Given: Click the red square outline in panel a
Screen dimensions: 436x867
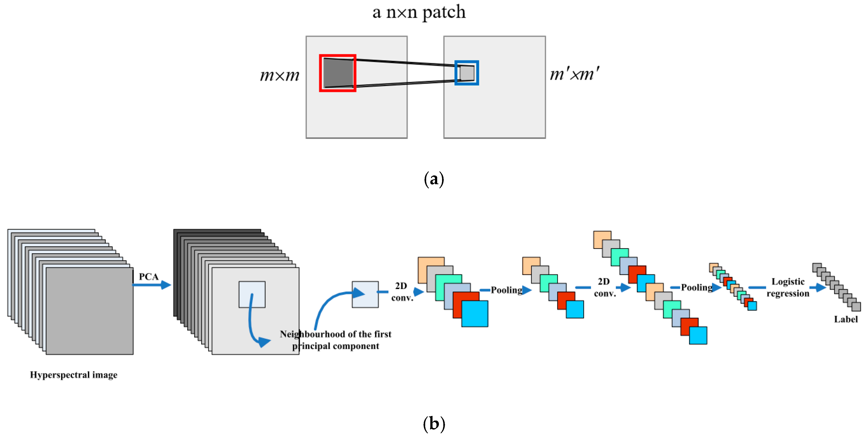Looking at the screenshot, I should (320, 73).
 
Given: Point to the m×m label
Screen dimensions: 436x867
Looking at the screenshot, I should (279, 75).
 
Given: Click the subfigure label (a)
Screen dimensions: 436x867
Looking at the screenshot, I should (433, 179).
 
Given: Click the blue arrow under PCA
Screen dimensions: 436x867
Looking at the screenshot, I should (152, 285).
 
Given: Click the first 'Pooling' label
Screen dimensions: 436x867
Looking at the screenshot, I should (506, 290).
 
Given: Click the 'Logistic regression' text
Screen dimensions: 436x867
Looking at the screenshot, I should (788, 287).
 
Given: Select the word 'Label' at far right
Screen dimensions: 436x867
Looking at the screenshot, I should (845, 319).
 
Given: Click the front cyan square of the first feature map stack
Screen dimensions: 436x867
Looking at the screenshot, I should (475, 314).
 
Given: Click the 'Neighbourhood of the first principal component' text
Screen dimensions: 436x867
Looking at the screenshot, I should (335, 340).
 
